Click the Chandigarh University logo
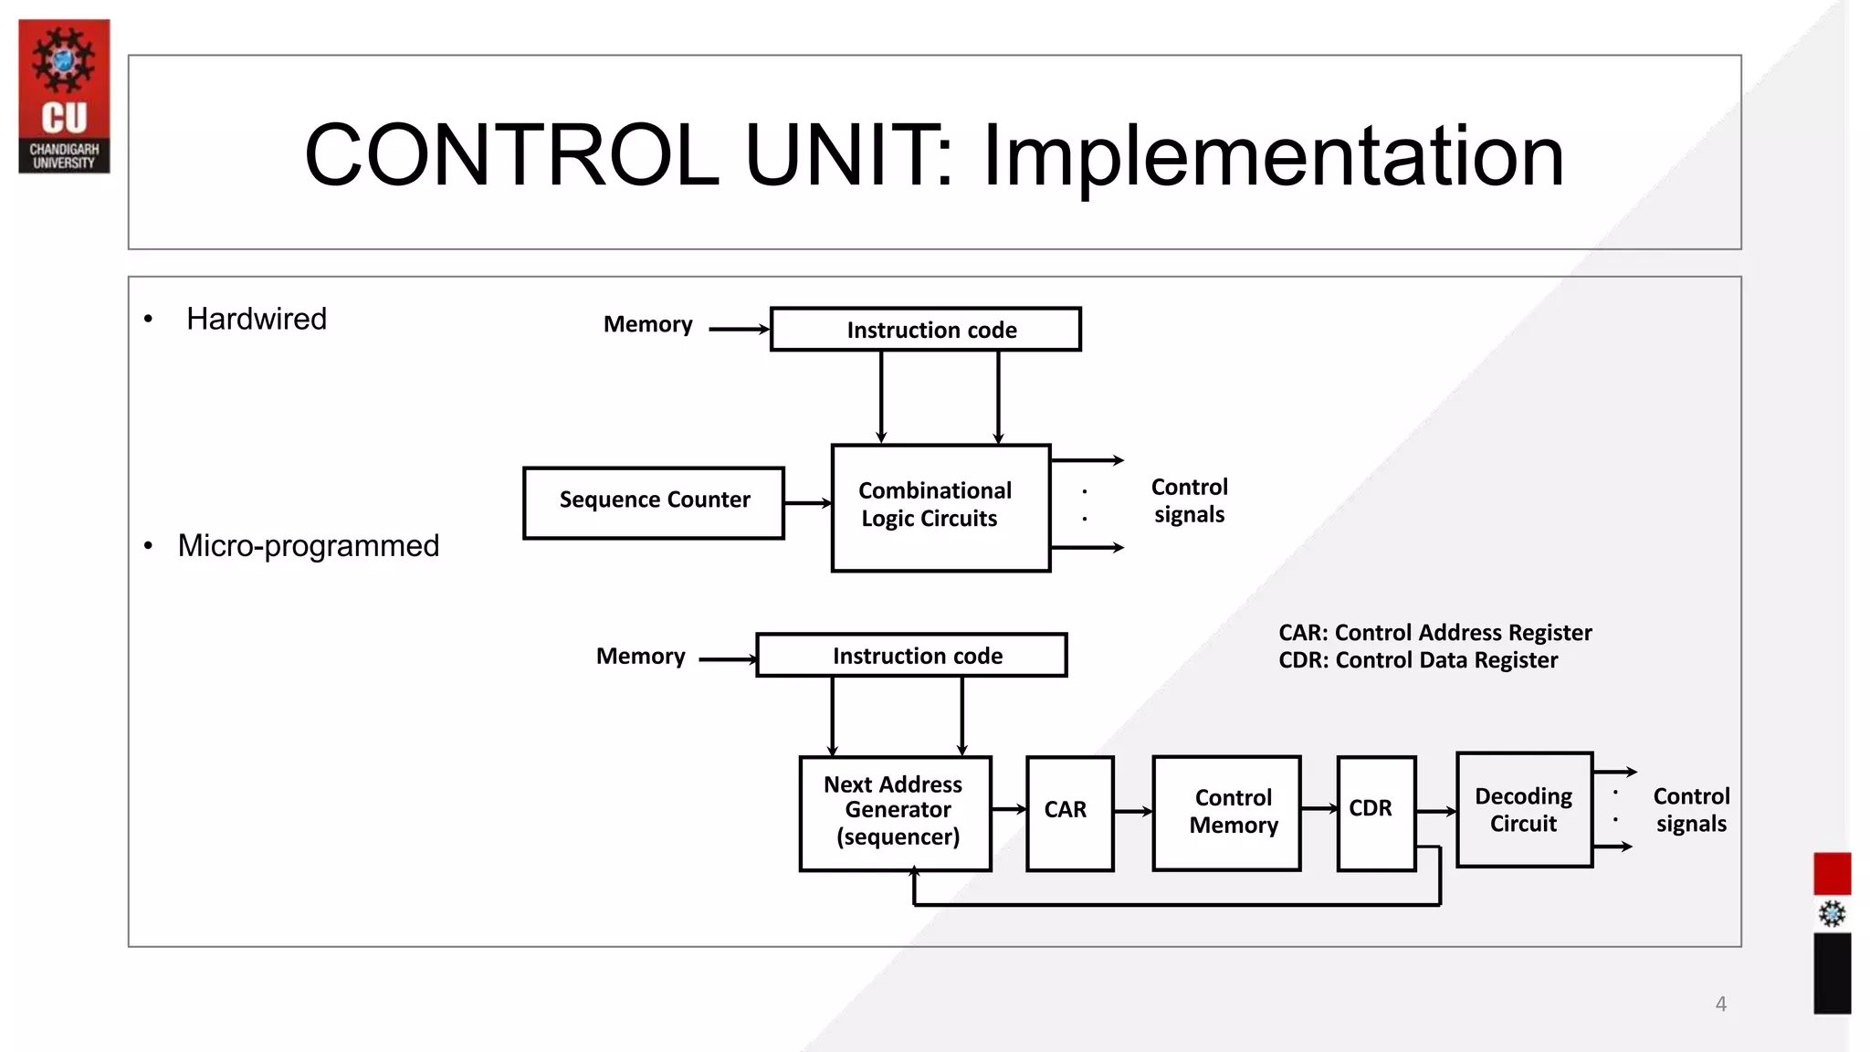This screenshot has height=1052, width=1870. coord(64,96)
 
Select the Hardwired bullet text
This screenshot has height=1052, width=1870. coord(256,319)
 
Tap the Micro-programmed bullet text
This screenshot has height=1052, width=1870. coord(308,545)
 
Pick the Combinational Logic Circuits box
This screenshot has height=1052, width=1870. coord(940,508)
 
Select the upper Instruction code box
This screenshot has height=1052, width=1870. coord(926,330)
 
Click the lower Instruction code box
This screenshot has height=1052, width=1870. coord(911,656)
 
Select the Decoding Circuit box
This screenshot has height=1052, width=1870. coord(1524,810)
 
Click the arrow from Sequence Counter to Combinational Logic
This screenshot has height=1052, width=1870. coord(808,503)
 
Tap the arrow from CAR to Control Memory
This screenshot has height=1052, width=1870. coord(1133,811)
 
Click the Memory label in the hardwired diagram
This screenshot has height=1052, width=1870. coord(647,324)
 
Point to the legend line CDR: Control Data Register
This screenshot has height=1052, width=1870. coord(1417,660)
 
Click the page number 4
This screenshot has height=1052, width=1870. coord(1720,1004)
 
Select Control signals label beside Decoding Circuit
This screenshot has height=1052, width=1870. coord(1690,810)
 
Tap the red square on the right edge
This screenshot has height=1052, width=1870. coord(1832,873)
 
